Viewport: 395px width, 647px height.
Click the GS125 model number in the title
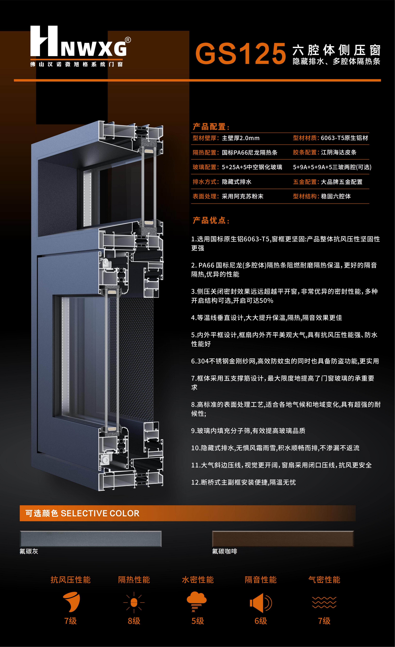click(x=240, y=54)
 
